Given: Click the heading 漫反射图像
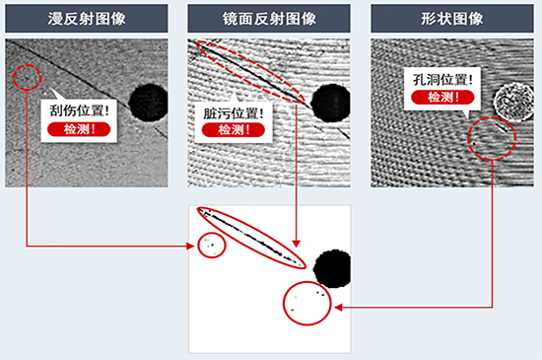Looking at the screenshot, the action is (x=87, y=19).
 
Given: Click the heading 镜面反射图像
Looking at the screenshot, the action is (x=269, y=19).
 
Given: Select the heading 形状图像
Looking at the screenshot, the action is (x=452, y=19).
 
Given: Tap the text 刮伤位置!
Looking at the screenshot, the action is (x=80, y=111).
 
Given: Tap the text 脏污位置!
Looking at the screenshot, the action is (x=234, y=113).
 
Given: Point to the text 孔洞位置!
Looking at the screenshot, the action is (x=442, y=80).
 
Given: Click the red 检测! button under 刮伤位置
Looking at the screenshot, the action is (x=79, y=129).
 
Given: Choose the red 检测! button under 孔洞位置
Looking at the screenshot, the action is (x=442, y=98).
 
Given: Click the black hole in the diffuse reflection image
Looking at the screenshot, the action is (x=149, y=102).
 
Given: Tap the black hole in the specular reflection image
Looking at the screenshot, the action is (x=331, y=103).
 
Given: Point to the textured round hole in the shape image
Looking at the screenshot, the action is (x=513, y=102).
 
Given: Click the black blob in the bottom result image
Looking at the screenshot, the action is (x=332, y=268).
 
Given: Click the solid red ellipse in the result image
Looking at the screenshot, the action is (x=251, y=238).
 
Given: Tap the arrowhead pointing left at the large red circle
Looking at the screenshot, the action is (x=338, y=307).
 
